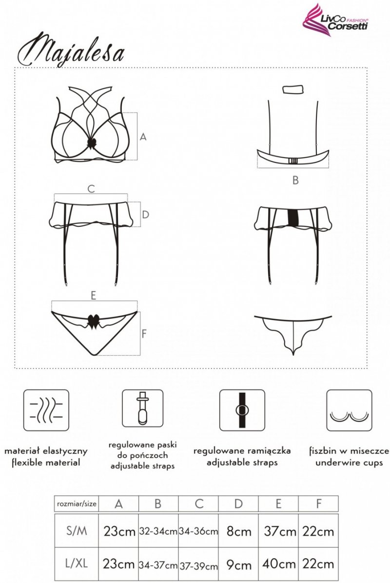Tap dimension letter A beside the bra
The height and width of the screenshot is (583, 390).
[143, 137]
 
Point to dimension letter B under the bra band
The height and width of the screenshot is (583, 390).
[295, 181]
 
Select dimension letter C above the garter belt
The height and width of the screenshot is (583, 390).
[91, 189]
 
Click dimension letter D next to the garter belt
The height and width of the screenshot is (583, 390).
[146, 215]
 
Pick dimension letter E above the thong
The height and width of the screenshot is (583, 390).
[94, 296]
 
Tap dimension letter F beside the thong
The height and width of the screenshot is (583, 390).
[144, 334]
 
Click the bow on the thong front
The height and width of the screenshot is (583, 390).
[93, 321]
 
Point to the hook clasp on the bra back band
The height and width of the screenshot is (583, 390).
[293, 160]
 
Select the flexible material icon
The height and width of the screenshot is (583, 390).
[46, 410]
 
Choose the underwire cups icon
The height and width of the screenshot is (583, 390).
[349, 410]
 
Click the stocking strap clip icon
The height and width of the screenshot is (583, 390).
[143, 408]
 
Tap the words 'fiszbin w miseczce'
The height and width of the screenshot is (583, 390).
[349, 451]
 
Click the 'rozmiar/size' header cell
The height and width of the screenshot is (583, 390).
[77, 504]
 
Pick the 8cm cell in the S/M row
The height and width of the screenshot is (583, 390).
[239, 531]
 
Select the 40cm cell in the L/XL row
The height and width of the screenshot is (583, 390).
[278, 564]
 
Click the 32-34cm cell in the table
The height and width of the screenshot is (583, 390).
[158, 531]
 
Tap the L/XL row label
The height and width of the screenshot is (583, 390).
[77, 563]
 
